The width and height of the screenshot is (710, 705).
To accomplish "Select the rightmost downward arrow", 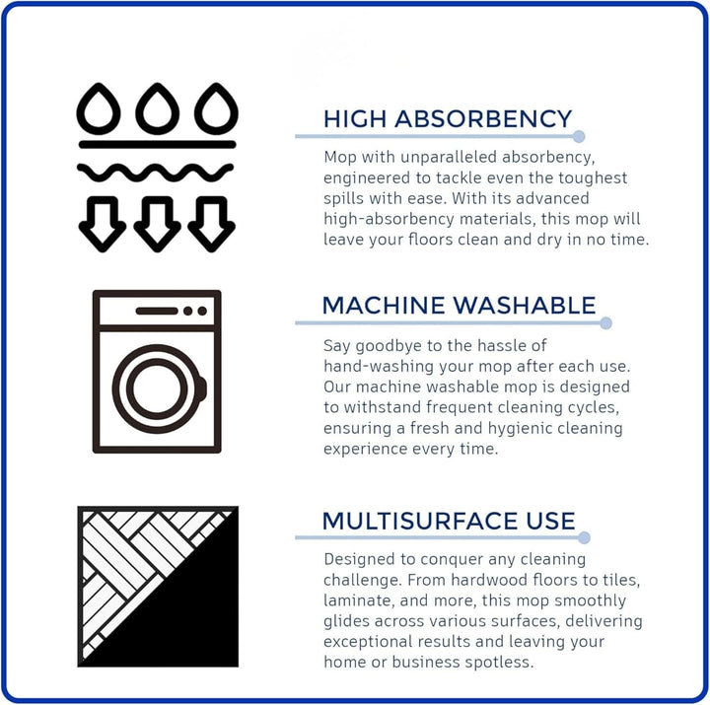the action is coord(211,225).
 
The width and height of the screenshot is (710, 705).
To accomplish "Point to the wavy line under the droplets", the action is coord(156,173).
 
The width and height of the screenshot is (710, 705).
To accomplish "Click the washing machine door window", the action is coord(157,388).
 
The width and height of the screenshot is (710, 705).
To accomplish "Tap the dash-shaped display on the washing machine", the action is coord(157,311).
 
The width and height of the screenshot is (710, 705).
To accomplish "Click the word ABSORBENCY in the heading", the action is coord(483,119).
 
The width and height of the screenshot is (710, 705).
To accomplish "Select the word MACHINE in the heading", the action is coord(384,306).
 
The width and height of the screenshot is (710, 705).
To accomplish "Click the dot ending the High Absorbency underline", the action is coord(578,136).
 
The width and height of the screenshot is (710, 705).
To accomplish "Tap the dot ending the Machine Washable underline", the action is coord(605,323).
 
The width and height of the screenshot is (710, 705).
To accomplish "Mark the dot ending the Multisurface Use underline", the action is coord(584,538).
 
